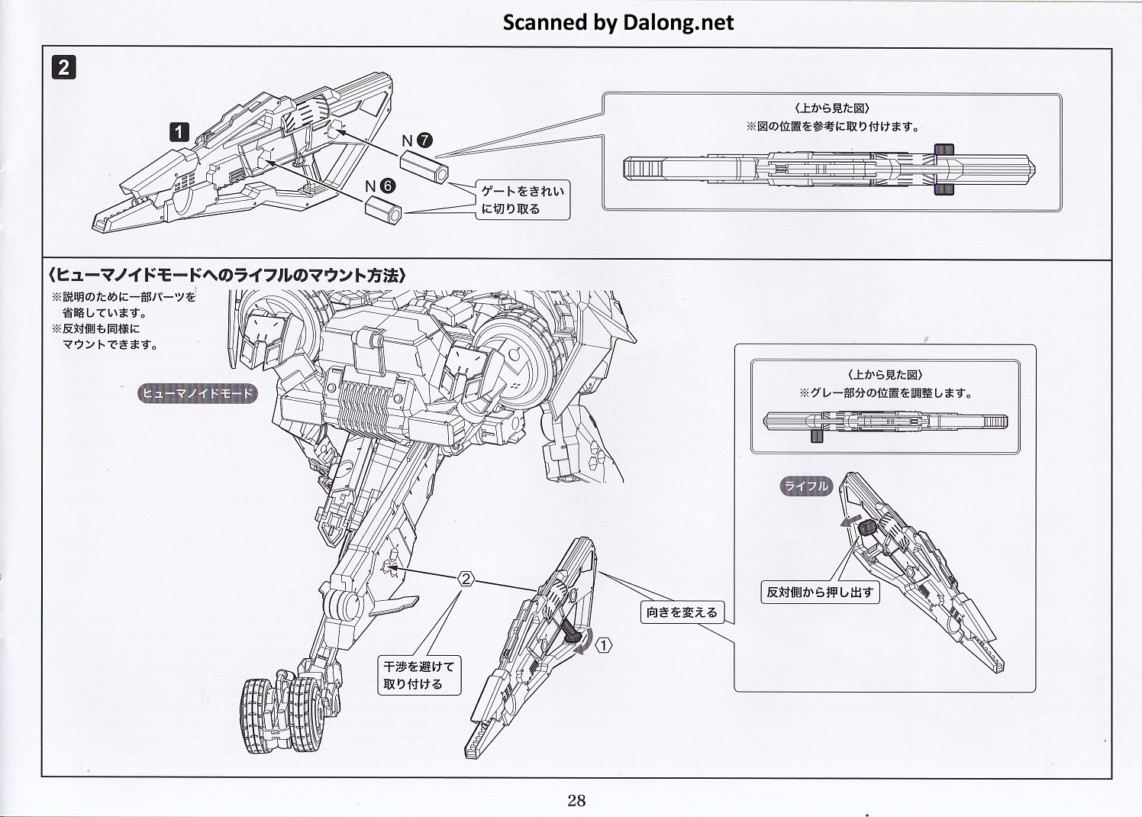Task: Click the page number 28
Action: click(x=576, y=800)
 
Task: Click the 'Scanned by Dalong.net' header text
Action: click(x=618, y=22)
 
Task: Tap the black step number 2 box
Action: click(x=63, y=67)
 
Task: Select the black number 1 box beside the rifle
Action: click(x=179, y=132)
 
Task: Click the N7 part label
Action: click(x=417, y=140)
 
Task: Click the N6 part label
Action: click(x=379, y=186)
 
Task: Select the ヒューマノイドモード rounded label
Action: click(x=198, y=393)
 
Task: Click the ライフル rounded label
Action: click(x=806, y=486)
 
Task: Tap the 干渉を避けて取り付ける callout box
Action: click(x=419, y=675)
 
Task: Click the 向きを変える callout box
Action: click(x=681, y=612)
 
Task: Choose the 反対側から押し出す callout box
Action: click(x=821, y=592)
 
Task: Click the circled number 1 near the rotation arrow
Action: click(x=604, y=646)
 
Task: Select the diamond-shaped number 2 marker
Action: click(x=466, y=580)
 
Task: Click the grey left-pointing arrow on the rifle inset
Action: click(x=846, y=522)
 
